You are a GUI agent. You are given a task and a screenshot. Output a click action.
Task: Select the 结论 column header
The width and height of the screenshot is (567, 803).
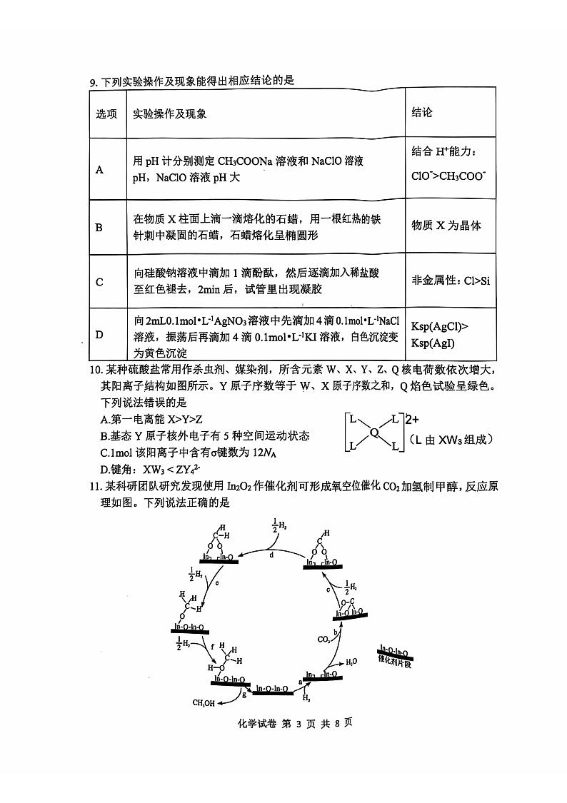click(422, 113)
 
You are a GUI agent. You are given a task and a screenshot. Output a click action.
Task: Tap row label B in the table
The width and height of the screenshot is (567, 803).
click(99, 227)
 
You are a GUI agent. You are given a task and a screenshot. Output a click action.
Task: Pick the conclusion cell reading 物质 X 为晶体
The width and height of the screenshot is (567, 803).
click(446, 226)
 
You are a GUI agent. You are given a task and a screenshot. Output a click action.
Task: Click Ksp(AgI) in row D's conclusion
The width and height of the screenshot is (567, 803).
click(433, 343)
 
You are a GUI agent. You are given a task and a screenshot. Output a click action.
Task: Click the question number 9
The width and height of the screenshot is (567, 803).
click(93, 81)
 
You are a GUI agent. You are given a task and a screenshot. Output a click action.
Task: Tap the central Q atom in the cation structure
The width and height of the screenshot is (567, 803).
click(373, 431)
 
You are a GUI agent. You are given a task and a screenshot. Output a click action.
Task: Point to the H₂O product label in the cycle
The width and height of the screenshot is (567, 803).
click(351, 662)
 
